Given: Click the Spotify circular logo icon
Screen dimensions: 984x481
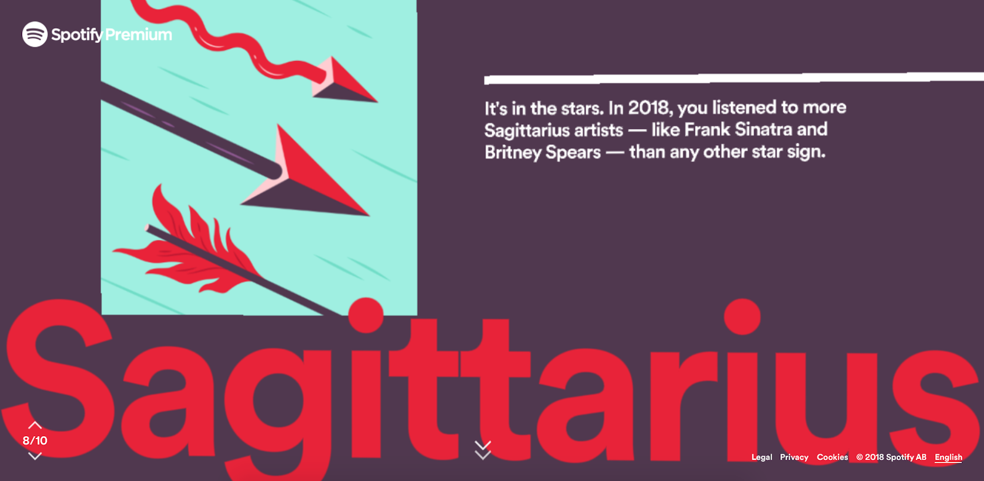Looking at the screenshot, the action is (34, 34).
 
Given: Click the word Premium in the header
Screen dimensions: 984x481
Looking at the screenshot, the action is (139, 34).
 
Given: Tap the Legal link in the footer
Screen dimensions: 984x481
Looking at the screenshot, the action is (762, 457).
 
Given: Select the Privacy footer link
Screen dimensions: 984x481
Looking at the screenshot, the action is (794, 457).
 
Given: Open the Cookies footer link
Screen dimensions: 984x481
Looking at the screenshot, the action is (833, 457).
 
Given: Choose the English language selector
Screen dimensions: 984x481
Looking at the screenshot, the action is (948, 457).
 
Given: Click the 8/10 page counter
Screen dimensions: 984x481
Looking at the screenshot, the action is (34, 440).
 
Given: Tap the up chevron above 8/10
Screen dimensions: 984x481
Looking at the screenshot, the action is (34, 425).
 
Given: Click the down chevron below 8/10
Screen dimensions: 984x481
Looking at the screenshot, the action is (34, 456).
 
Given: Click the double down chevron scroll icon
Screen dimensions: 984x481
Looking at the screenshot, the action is (483, 450).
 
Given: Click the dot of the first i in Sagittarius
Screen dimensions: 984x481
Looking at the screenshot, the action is (365, 316).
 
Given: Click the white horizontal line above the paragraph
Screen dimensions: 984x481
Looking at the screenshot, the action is (734, 78).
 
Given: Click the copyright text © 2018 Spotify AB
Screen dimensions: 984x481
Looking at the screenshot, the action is (891, 457).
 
